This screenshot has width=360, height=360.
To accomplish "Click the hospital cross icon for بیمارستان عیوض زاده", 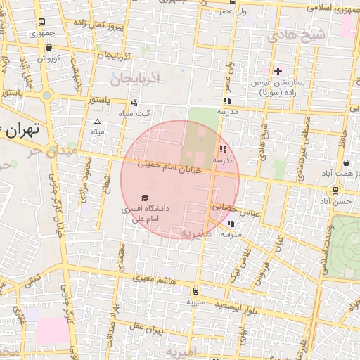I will [278, 71].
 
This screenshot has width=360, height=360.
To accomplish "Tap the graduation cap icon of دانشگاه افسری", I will [146, 198].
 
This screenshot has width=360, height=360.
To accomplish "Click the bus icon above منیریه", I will [195, 290].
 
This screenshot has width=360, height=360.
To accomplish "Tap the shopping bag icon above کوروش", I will [48, 48].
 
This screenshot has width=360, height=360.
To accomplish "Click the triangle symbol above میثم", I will [98, 122].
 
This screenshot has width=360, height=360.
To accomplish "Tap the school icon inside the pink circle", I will [223, 149].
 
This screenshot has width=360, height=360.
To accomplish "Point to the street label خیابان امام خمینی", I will [169, 168].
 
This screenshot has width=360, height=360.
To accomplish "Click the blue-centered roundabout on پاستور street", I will [46, 95].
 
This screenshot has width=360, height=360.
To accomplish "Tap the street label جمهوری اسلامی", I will [333, 9].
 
